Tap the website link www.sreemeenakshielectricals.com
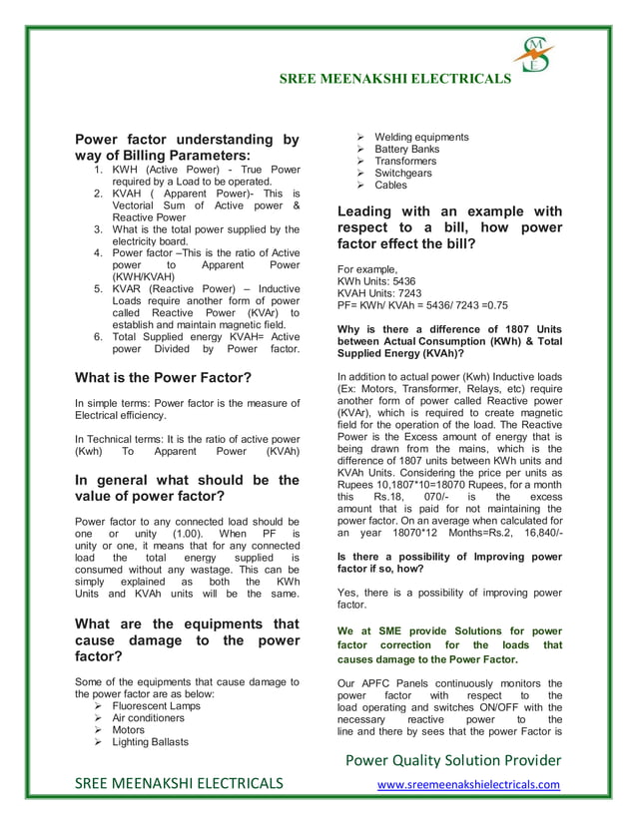467,784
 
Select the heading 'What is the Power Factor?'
163,377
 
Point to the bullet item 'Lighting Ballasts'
150,741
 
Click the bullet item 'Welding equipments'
421,137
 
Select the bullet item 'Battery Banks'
406,149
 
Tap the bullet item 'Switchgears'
403,173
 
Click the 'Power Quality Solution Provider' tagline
452,760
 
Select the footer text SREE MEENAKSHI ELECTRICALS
179,783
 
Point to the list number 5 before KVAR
98,288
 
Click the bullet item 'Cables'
391,185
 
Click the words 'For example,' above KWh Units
367,269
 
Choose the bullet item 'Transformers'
405,161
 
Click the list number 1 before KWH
98,171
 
